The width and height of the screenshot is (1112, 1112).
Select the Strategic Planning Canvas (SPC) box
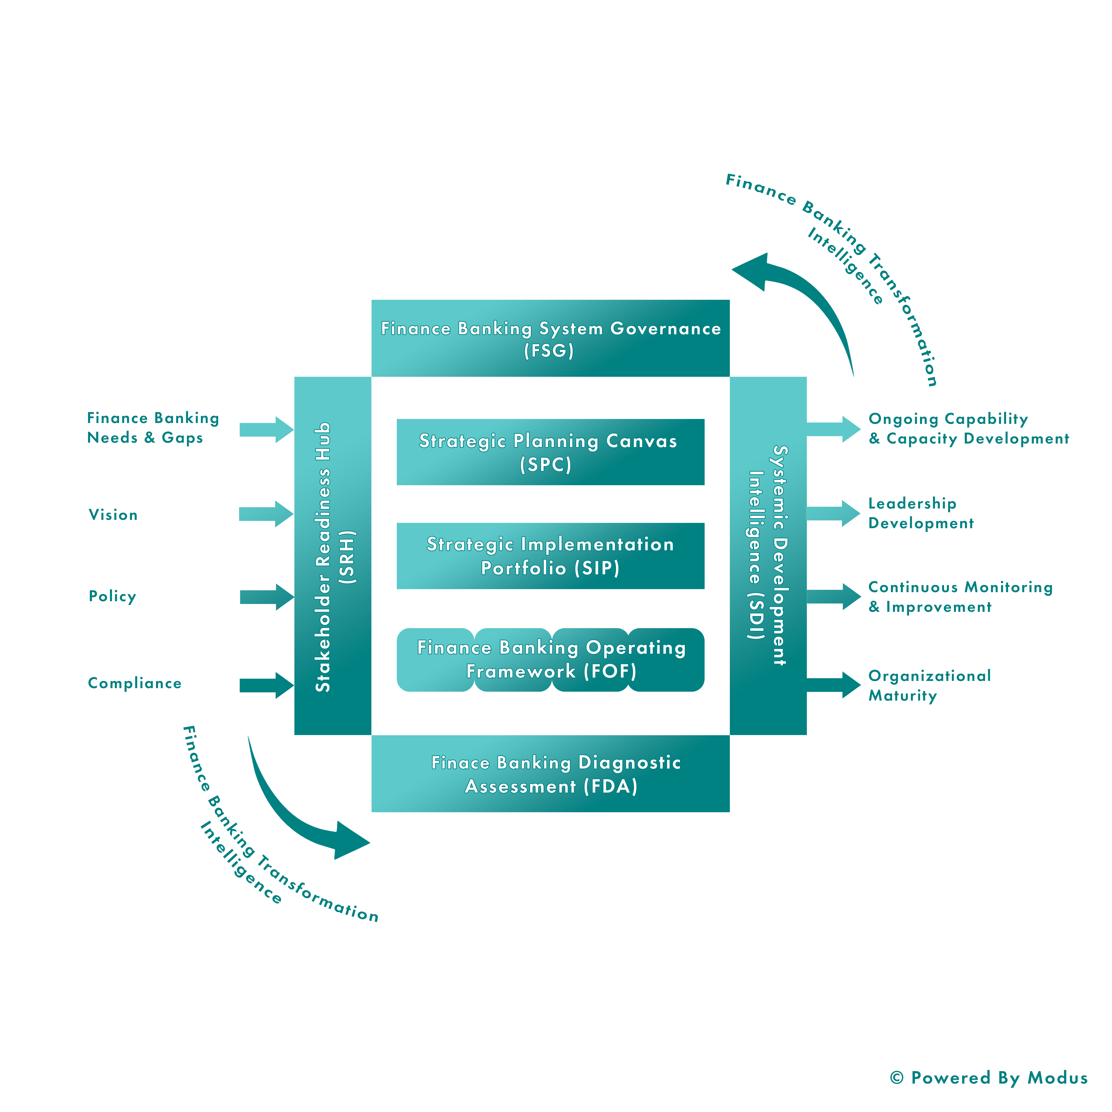550,452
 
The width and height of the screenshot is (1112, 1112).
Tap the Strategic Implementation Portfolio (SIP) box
550,556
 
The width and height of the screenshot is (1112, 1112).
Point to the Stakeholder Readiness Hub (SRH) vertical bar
333,556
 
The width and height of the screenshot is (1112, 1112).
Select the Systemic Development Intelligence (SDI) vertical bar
768,556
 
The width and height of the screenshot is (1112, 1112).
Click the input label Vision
113,514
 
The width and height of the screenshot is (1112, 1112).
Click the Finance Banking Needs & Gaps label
152,428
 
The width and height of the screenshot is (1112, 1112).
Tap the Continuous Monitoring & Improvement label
960,597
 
